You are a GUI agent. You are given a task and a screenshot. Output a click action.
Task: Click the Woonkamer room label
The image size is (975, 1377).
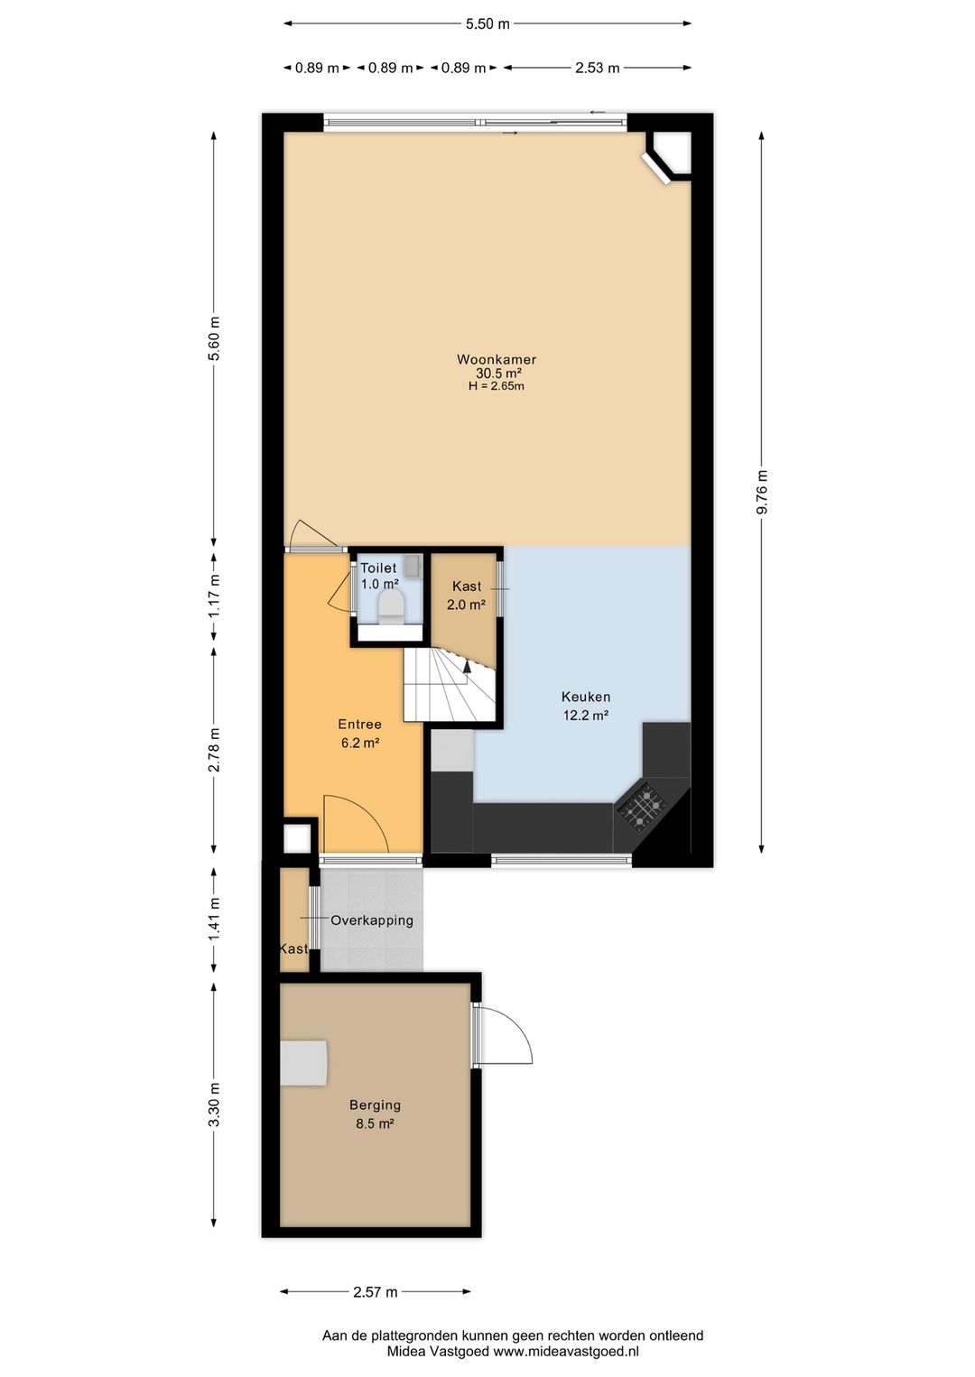[497, 359]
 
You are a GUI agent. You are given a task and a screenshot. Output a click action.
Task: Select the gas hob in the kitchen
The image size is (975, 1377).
[642, 805]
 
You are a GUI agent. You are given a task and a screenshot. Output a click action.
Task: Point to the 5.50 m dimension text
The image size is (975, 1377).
[487, 24]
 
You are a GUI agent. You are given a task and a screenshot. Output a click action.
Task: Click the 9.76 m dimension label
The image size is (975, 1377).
[762, 493]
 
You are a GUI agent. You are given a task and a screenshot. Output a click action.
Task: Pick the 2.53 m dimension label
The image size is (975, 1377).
[597, 69]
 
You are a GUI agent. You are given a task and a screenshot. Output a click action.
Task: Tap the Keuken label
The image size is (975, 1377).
[586, 697]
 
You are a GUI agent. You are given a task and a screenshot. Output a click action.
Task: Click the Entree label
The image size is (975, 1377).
[360, 725]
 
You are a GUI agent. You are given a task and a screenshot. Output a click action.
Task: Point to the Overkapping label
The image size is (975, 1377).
[372, 920]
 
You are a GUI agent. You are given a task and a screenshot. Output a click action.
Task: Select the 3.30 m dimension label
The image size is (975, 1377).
[214, 1104]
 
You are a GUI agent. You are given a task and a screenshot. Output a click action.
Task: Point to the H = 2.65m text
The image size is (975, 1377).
[496, 386]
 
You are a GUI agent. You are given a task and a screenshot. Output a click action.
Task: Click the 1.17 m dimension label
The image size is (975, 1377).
[214, 596]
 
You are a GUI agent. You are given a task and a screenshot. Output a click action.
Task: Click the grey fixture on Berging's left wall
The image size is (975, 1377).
[303, 1063]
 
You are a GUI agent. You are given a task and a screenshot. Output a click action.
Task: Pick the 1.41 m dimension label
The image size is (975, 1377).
[214, 919]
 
